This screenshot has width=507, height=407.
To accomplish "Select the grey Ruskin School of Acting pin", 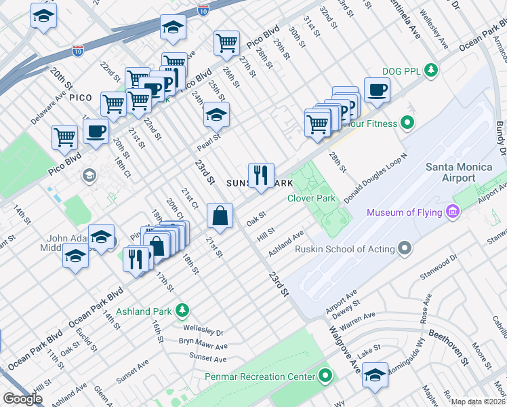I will click(405, 249).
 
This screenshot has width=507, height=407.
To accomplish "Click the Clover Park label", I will click(312, 199).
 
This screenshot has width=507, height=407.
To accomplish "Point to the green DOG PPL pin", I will click(430, 70).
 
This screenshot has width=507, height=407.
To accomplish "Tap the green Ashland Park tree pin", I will click(182, 311).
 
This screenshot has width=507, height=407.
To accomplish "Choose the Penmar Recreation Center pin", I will click(326, 376).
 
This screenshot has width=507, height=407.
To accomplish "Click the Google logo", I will click(22, 399).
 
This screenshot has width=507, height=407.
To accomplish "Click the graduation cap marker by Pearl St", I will click(216, 115).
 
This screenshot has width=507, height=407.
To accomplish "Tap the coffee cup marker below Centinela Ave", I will click(376, 90).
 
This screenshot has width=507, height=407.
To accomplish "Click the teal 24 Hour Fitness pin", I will click(407, 123).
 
